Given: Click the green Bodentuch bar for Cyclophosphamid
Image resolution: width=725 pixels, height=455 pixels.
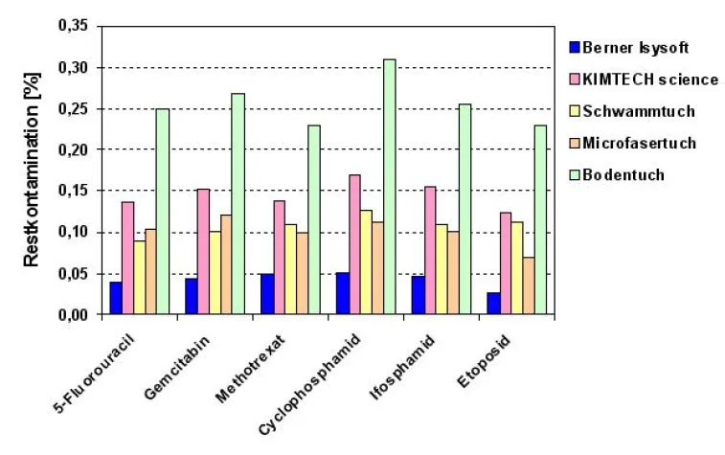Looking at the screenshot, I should point(389,187).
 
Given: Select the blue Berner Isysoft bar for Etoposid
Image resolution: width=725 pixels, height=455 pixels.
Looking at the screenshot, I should point(492,304).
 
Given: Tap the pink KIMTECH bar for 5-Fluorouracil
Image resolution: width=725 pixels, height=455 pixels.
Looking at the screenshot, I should point(127,258).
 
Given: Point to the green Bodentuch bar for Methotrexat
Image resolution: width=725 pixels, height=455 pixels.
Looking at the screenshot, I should point(313,219).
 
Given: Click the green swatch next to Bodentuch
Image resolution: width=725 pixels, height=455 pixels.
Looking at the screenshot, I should point(575,175).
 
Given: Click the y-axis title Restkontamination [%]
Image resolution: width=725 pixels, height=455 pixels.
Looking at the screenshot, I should point(31,171).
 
